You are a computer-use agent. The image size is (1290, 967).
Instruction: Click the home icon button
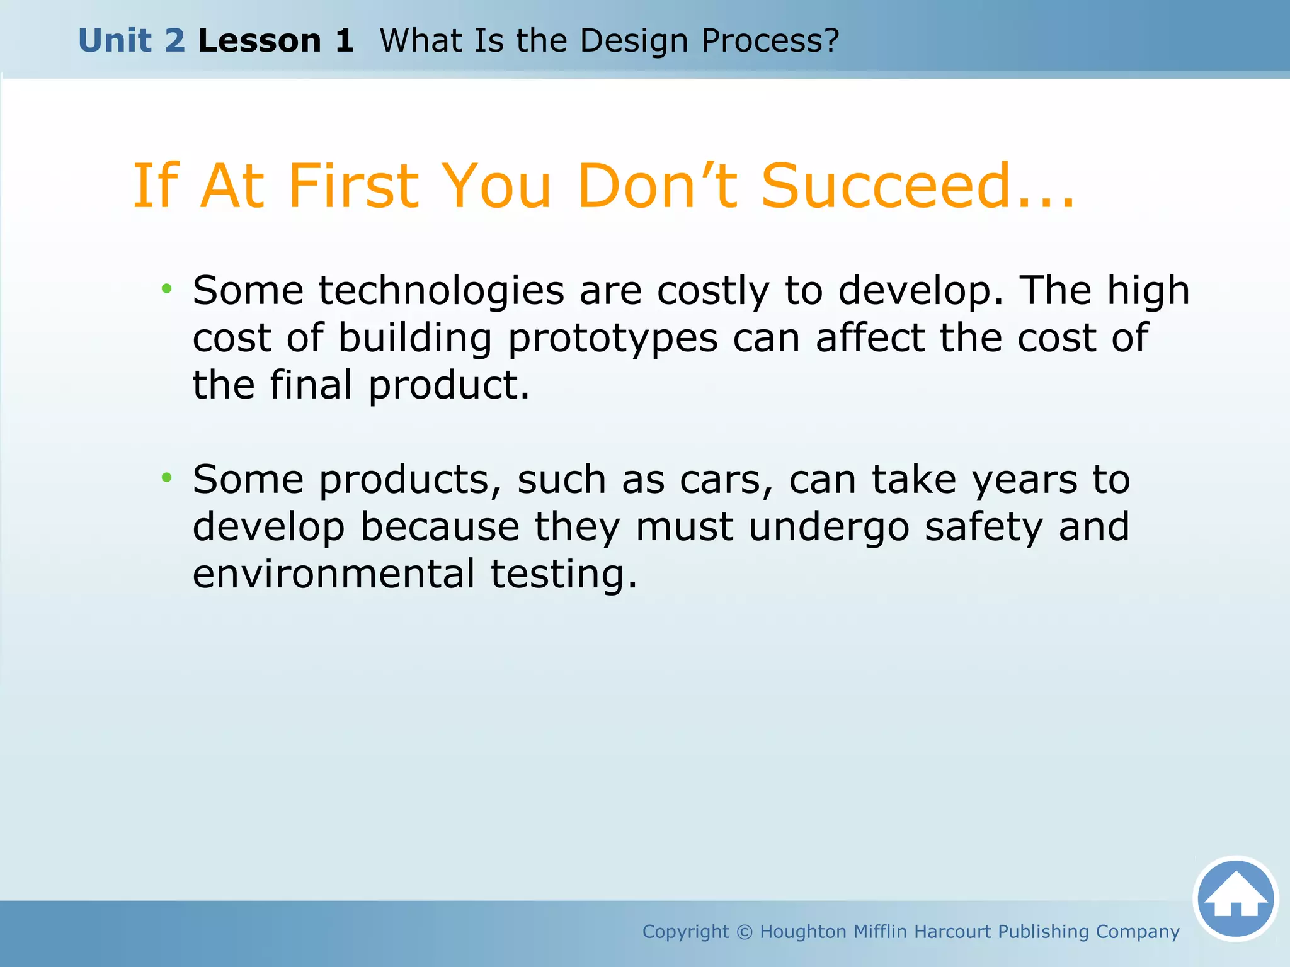point(1235,898)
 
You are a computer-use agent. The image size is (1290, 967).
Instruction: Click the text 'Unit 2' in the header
point(132,41)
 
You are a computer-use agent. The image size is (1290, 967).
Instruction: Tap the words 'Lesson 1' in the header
point(276,41)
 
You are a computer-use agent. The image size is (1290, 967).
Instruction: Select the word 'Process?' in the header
point(770,41)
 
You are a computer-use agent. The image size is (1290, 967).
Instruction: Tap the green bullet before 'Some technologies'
point(166,290)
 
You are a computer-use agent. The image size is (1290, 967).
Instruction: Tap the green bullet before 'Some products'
point(166,478)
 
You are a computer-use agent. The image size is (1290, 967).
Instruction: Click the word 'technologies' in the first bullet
point(441,291)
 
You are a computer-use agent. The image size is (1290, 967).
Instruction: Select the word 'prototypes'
point(612,339)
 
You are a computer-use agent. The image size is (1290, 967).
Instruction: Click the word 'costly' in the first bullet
point(713,291)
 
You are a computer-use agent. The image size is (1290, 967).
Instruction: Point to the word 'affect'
point(870,338)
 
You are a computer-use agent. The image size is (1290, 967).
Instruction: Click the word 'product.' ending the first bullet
point(448,385)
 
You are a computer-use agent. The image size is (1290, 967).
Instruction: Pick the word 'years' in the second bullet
point(1024,480)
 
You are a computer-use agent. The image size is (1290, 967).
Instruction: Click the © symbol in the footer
point(745,932)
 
